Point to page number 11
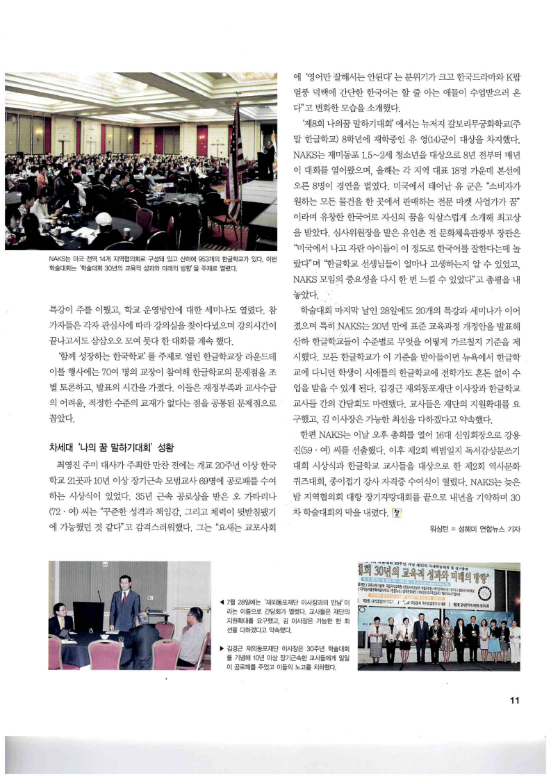(x=514, y=699)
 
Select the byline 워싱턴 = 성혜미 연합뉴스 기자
(x=475, y=529)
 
